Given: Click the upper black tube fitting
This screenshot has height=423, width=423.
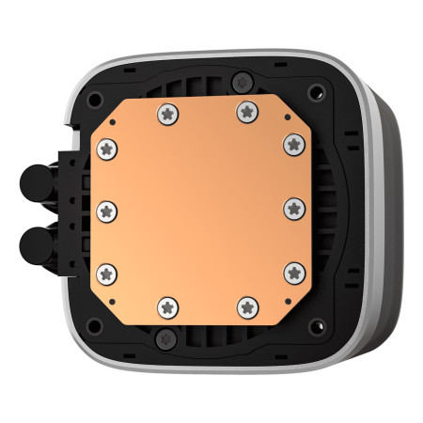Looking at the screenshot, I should (x=36, y=180).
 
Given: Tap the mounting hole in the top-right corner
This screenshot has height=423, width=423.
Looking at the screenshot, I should (x=317, y=92).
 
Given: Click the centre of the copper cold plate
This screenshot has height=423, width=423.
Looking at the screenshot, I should (x=200, y=208).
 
